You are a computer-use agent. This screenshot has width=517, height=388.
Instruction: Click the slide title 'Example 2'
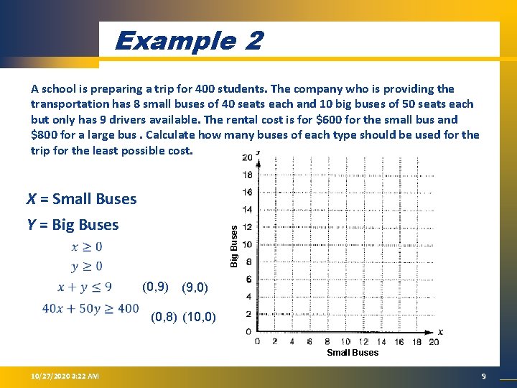pyautogui.click(x=188, y=40)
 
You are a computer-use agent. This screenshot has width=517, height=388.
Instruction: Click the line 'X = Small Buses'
pyautogui.click(x=81, y=199)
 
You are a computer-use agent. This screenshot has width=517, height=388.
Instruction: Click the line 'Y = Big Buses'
pyautogui.click(x=73, y=225)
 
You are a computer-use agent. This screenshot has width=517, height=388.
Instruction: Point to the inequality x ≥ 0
pyautogui.click(x=87, y=246)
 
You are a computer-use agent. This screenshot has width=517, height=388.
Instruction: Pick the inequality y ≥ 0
pyautogui.click(x=87, y=267)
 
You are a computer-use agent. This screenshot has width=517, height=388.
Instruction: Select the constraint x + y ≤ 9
pyautogui.click(x=85, y=287)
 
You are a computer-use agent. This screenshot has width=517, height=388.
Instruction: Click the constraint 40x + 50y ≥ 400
pyautogui.click(x=90, y=308)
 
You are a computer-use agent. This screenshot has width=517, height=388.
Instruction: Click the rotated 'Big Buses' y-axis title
pyautogui.click(x=233, y=244)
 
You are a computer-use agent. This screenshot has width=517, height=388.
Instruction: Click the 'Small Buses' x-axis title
pyautogui.click(x=353, y=353)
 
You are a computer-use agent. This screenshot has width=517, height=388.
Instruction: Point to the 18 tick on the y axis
pyautogui.click(x=247, y=175)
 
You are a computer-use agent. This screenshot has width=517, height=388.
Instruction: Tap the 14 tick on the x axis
pyautogui.click(x=381, y=342)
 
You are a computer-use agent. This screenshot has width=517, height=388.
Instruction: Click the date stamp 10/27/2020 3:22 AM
pyautogui.click(x=60, y=377)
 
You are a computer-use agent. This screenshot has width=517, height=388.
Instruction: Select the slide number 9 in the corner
pyautogui.click(x=484, y=377)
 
